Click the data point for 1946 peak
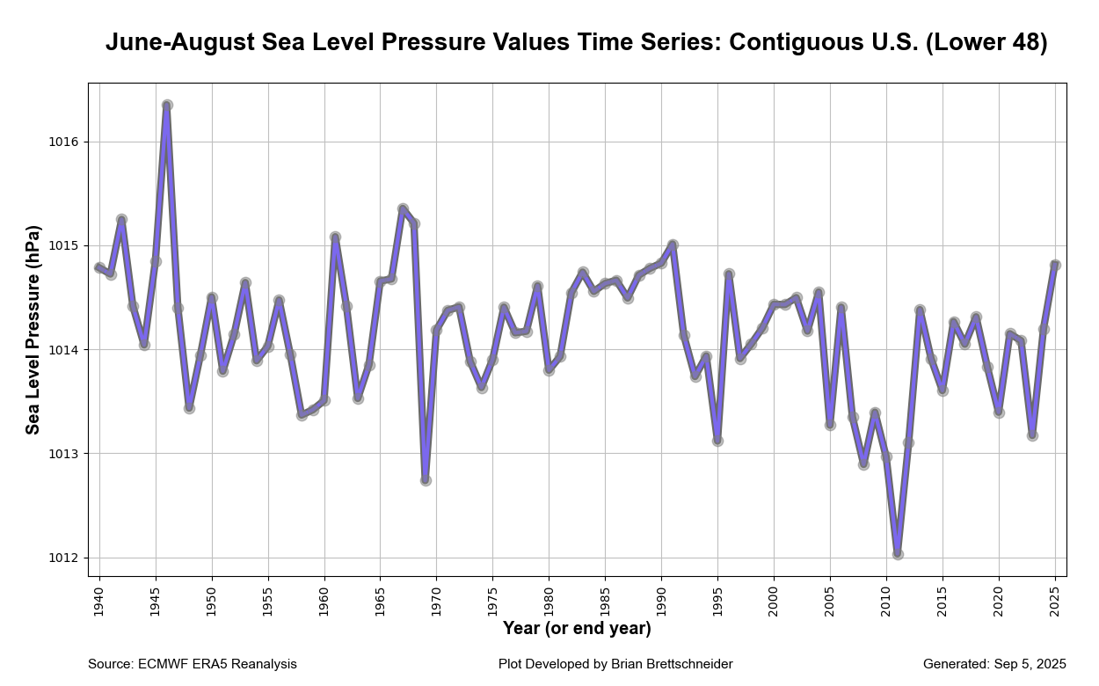[167, 105]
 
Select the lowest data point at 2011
[898, 554]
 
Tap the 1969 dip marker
[426, 480]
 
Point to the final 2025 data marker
[1055, 265]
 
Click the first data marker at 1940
[99, 267]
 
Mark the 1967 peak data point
[403, 209]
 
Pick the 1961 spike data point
[335, 237]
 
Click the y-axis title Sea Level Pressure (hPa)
[33, 330]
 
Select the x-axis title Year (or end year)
[577, 629]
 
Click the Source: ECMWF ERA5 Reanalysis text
[193, 664]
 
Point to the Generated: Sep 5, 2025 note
[994, 664]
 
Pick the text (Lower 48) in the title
[986, 42]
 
